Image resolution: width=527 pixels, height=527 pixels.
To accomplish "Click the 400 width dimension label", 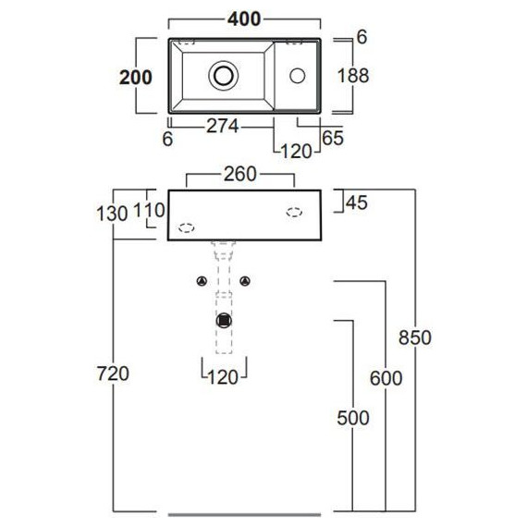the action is (x=244, y=18).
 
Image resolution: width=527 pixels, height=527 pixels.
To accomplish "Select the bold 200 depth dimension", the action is (x=136, y=78).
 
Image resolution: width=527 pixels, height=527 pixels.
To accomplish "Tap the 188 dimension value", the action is (x=353, y=76).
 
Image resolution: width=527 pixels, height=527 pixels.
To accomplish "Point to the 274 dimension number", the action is (x=223, y=127).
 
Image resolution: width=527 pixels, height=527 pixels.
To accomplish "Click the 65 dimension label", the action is (x=333, y=138).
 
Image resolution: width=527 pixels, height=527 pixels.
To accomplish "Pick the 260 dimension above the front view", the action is (x=240, y=174).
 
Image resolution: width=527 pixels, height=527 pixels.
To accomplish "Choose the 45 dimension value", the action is (x=357, y=202).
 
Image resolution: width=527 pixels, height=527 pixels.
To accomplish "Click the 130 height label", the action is (x=112, y=214).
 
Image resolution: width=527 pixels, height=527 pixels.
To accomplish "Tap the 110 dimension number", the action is (x=149, y=211).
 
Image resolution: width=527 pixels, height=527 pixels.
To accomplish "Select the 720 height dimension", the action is (x=113, y=374).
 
